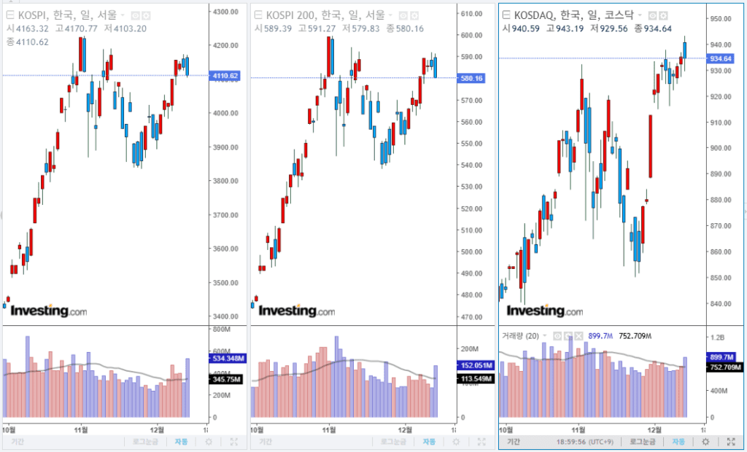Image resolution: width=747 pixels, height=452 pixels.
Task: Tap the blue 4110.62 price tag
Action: click(224, 76)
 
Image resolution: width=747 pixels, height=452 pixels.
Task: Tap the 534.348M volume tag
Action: click(225, 359)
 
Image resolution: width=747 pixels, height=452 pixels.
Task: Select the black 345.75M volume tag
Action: click(225, 379)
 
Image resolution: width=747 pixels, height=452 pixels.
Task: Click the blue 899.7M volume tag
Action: click(721, 357)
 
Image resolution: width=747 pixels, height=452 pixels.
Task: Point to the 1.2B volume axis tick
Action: click(718, 338)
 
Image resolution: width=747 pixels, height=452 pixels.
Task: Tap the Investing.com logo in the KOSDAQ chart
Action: click(545, 311)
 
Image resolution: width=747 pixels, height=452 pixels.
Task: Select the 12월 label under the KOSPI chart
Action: click(158, 429)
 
